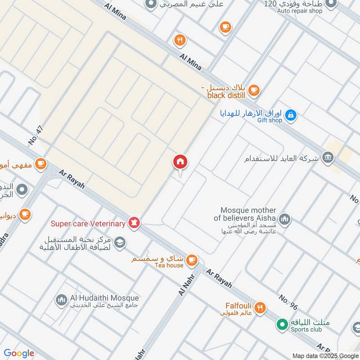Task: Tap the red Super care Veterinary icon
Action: point(134,222)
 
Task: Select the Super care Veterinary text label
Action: point(88,224)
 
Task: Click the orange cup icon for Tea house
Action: point(192,259)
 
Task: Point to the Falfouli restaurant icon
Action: point(260,308)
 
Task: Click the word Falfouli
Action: point(238,306)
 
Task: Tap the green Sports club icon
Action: point(282,324)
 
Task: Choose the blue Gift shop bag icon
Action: point(291,115)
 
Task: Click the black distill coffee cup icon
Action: point(254,90)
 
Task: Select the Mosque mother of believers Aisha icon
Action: point(284,220)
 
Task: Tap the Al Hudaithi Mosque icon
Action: point(62,299)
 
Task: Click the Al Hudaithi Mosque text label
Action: point(104,298)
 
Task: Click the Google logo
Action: point(19,353)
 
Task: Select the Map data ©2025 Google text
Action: point(325,355)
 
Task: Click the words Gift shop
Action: point(270,120)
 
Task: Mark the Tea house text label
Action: point(169,265)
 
